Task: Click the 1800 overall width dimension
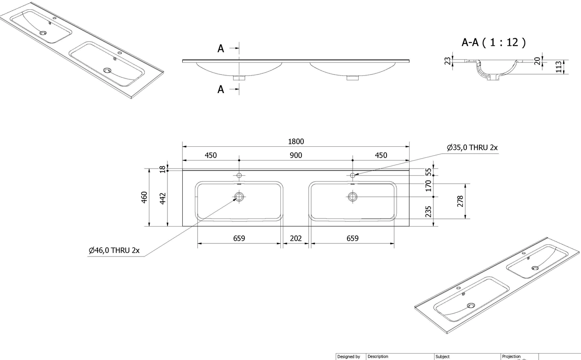296,142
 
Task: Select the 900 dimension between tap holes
296,155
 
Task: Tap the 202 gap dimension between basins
296,238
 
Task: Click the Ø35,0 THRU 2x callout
472,148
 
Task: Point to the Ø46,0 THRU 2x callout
114,250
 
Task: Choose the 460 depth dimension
144,198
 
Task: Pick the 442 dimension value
163,198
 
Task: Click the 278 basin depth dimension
460,201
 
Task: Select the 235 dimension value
428,211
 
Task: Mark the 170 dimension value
428,186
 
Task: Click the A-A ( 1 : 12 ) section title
493,42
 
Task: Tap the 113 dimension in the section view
558,67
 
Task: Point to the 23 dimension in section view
447,61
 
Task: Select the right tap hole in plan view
353,175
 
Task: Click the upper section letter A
221,49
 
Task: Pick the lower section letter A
221,89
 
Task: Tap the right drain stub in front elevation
353,77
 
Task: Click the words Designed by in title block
349,356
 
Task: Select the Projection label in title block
511,356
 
